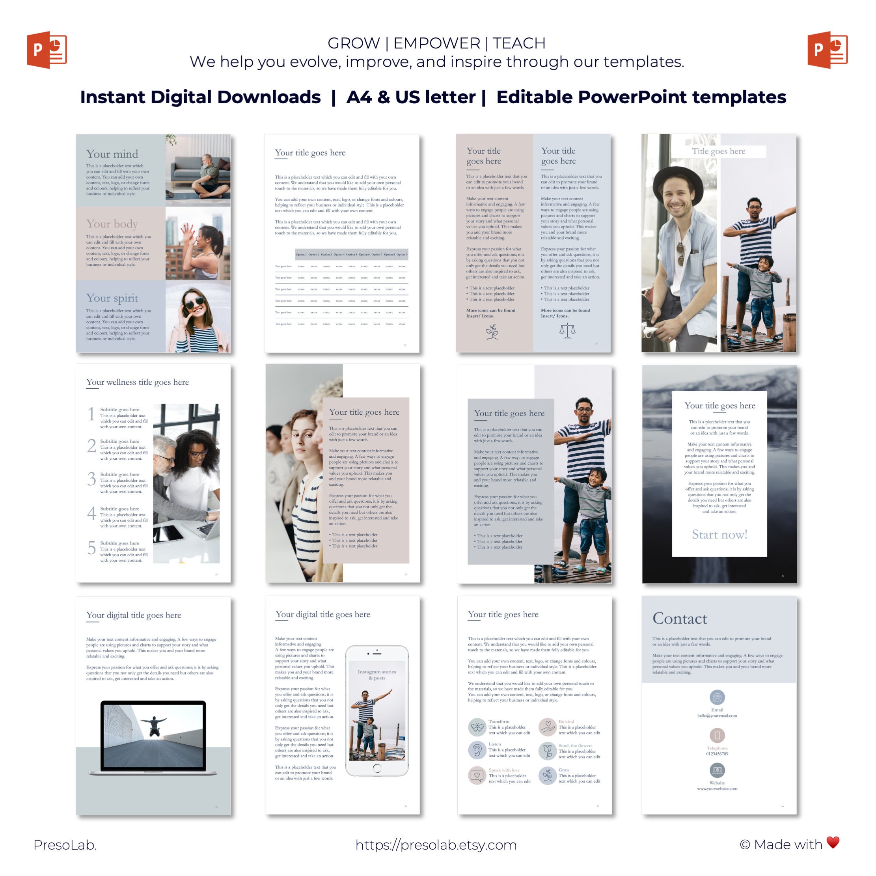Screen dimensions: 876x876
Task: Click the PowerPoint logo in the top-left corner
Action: tap(47, 50)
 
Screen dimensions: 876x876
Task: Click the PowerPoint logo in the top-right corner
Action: tap(827, 50)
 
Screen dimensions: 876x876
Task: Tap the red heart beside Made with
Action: tap(833, 842)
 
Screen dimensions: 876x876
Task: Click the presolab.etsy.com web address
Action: tap(436, 845)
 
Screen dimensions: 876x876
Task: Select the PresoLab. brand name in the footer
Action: tap(65, 845)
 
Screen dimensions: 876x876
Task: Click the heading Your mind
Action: tap(112, 154)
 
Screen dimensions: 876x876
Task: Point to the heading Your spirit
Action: tap(112, 298)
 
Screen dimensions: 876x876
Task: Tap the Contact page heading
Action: tap(680, 619)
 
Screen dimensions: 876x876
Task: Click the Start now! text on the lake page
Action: tap(719, 535)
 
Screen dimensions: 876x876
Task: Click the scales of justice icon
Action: tap(567, 330)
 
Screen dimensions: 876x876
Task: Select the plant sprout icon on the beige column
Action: tap(492, 332)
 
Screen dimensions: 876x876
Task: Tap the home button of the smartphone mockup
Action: tap(377, 768)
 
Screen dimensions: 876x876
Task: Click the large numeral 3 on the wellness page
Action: tap(91, 479)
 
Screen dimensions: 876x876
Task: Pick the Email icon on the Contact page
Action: tap(717, 697)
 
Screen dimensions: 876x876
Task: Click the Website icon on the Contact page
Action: tap(717, 770)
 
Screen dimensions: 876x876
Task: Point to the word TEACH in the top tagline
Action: tap(519, 43)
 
